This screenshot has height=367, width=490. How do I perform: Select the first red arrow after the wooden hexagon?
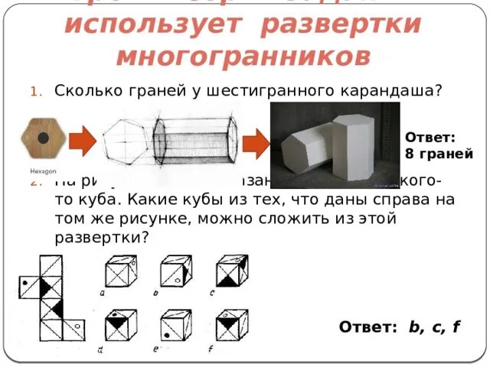click(x=83, y=141)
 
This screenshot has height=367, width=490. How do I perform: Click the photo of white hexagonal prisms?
click(x=335, y=144)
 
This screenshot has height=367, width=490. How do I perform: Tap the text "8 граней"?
click(x=439, y=152)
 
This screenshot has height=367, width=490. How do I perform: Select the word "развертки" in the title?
click(x=341, y=24)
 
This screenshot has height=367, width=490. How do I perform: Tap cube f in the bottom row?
click(x=230, y=326)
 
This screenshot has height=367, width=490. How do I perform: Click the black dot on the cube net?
click(x=28, y=282)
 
